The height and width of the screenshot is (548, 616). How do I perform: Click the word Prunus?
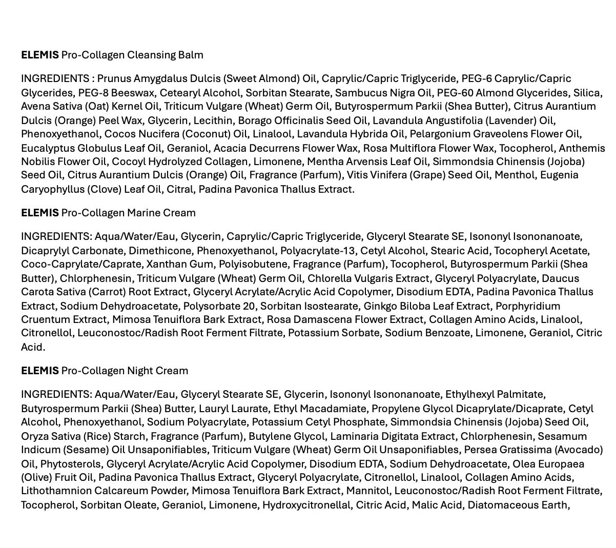(114, 78)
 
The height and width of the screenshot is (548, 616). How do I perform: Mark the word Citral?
(179, 190)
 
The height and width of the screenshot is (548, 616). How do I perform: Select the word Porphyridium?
(527, 306)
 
